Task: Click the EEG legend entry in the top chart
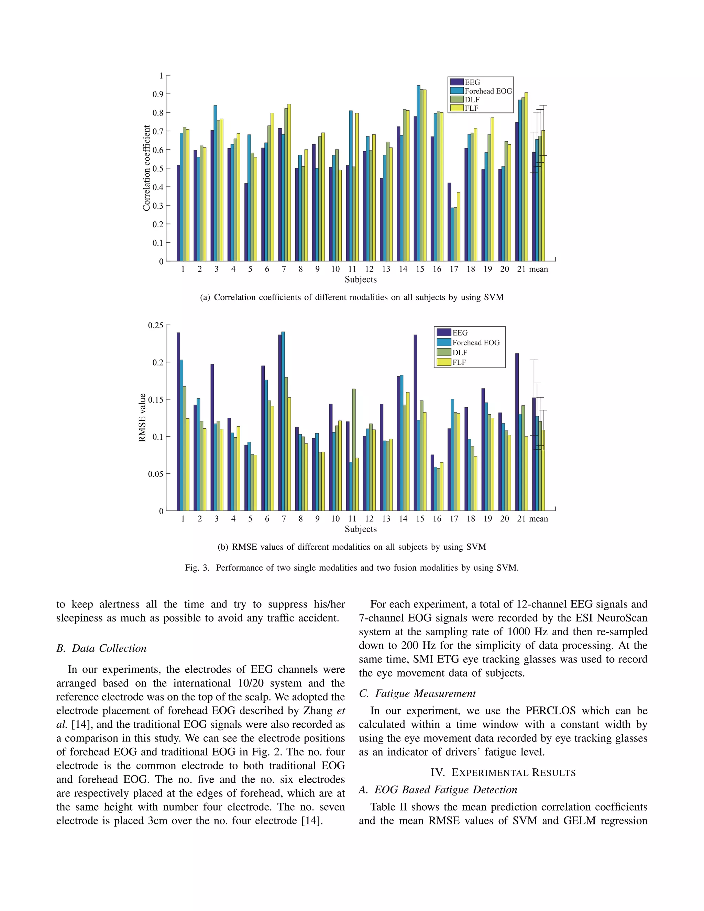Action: coord(472,83)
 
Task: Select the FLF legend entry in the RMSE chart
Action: coord(459,362)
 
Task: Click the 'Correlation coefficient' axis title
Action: coord(146,168)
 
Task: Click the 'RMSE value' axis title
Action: coord(142,418)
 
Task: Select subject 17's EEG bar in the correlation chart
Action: coord(449,221)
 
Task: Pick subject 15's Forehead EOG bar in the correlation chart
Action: coord(418,173)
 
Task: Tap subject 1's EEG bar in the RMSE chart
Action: coord(178,421)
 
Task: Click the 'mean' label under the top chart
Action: coord(538,270)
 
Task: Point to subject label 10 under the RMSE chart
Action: coord(335,519)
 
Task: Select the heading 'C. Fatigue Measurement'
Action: coord(417,693)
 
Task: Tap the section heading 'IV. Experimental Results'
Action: coord(503,773)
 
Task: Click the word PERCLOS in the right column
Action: coord(550,711)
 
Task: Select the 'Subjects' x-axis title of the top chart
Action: coord(360,279)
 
